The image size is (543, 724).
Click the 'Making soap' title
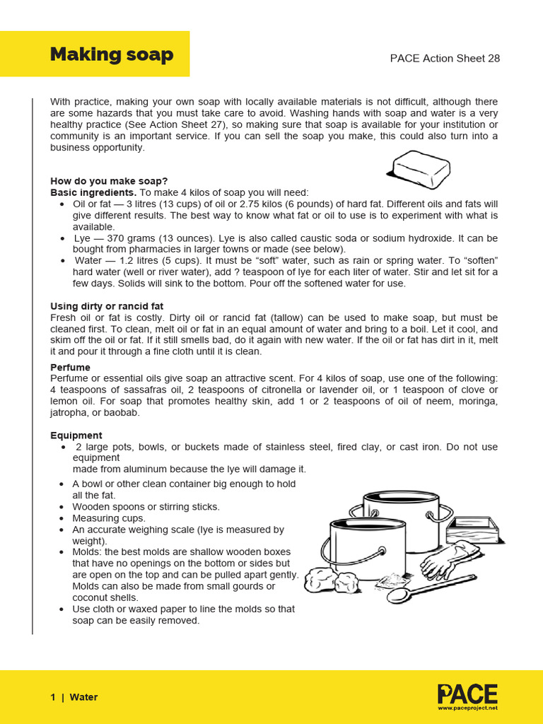tap(111, 54)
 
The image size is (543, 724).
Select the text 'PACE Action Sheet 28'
tap(445, 58)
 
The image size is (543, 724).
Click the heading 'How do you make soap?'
tap(109, 181)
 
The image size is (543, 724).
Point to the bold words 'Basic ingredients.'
tap(93, 192)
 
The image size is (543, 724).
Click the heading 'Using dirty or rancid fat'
tap(107, 306)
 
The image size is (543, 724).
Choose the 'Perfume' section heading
tap(70, 368)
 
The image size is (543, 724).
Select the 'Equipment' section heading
tap(76, 436)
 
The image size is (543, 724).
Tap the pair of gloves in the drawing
tap(445, 560)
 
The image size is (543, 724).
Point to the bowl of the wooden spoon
tap(399, 595)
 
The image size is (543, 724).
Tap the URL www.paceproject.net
tap(467, 707)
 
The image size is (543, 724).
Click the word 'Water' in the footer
tap(83, 697)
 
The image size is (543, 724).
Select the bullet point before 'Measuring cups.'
tap(64, 518)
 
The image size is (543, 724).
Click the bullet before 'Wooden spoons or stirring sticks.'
tap(64, 507)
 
